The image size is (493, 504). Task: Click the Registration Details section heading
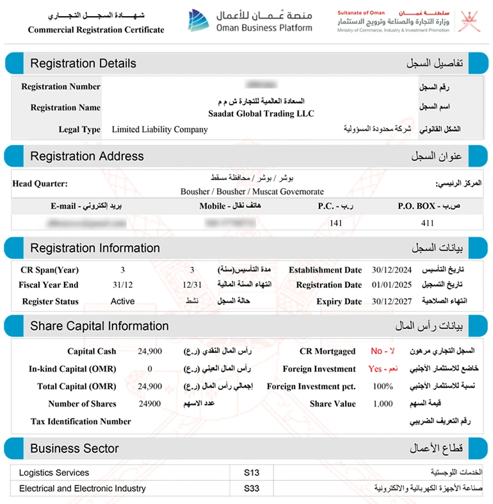click(83, 63)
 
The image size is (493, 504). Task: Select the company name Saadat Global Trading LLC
click(261, 113)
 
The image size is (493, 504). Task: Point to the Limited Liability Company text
click(159, 130)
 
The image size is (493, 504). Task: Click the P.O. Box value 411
click(428, 223)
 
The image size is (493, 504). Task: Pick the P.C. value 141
click(335, 223)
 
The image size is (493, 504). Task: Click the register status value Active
click(122, 301)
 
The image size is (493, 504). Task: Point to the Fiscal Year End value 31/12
click(122, 285)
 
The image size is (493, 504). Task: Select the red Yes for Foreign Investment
click(375, 369)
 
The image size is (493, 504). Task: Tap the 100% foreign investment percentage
click(383, 387)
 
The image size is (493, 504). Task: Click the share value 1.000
click(383, 404)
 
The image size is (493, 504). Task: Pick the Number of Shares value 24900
click(150, 404)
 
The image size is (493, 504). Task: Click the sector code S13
click(252, 473)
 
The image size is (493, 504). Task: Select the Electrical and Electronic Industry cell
click(83, 489)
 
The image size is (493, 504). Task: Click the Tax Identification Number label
click(81, 421)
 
